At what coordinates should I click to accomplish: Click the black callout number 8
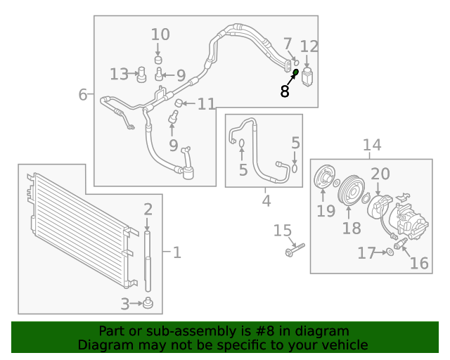pyautogui.click(x=284, y=91)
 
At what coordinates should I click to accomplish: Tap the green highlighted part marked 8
pyautogui.click(x=295, y=72)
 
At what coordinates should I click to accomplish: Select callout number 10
pyautogui.click(x=160, y=34)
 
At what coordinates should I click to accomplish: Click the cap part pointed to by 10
pyautogui.click(x=158, y=60)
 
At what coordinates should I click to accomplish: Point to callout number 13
pyautogui.click(x=120, y=74)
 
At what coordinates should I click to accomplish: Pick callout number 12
pyautogui.click(x=309, y=46)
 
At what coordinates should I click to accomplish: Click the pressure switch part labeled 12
pyautogui.click(x=307, y=77)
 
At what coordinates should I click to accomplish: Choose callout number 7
pyautogui.click(x=288, y=44)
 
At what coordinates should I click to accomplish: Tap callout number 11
pyautogui.click(x=206, y=104)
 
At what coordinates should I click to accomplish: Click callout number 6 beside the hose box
pyautogui.click(x=83, y=94)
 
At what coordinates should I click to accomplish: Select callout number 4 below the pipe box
pyautogui.click(x=266, y=200)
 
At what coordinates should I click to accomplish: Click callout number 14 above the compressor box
pyautogui.click(x=372, y=145)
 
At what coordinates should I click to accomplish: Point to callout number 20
pyautogui.click(x=380, y=174)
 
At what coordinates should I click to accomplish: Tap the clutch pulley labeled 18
pyautogui.click(x=351, y=191)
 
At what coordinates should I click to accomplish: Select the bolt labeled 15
pyautogui.click(x=295, y=250)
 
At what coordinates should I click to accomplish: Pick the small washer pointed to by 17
pyautogui.click(x=390, y=252)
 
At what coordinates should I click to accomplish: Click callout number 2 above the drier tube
pyautogui.click(x=148, y=210)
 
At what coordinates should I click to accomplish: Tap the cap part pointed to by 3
pyautogui.click(x=148, y=303)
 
